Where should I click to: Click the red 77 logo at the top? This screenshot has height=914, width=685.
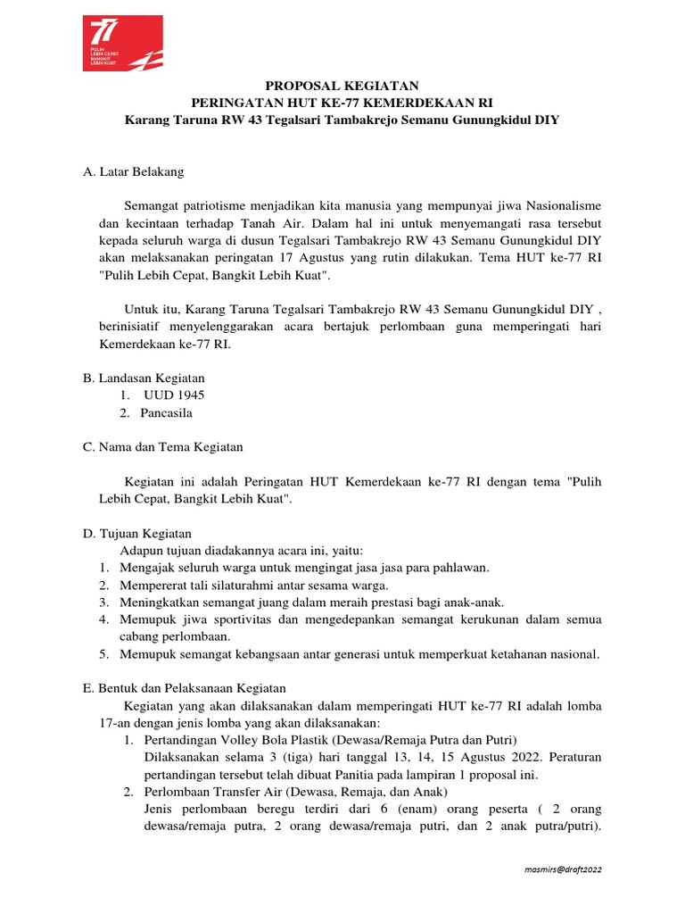coord(122,43)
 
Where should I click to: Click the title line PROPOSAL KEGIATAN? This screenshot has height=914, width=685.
coord(342,86)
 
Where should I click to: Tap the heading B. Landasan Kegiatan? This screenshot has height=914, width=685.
coord(144,378)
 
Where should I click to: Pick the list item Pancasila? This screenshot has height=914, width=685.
coord(168,412)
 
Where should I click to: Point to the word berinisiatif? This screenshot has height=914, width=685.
coord(132,327)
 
